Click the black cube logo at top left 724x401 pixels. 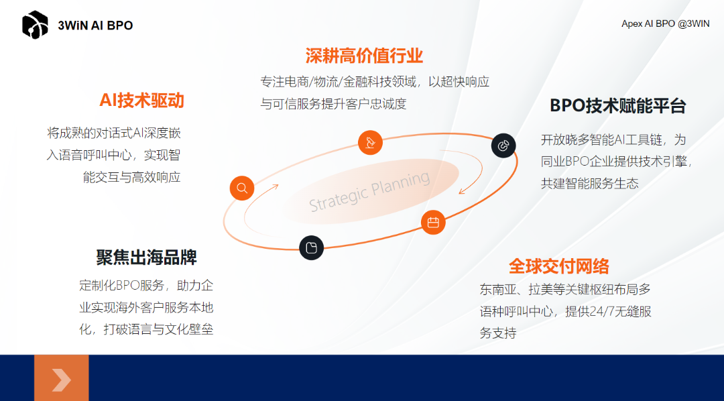click(35, 25)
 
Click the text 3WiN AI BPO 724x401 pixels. click(95, 25)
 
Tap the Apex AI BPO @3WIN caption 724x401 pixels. click(665, 23)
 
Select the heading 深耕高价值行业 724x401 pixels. click(364, 55)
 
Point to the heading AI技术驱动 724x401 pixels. click(141, 101)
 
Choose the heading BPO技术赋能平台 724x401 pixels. click(617, 106)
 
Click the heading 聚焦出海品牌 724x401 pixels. click(146, 257)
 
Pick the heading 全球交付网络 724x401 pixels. click(558, 266)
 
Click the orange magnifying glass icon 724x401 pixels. click(242, 188)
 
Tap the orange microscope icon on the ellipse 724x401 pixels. click(370, 142)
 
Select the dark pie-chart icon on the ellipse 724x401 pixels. click(503, 146)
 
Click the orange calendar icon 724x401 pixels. click(433, 223)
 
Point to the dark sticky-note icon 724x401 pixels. click(311, 248)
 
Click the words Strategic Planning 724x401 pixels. click(369, 192)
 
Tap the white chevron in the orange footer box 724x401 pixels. click(61, 380)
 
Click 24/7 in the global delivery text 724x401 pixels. click(607, 312)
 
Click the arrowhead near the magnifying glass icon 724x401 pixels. click(276, 186)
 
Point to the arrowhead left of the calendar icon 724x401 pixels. click(461, 191)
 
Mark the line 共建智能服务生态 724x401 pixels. click(589, 183)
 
